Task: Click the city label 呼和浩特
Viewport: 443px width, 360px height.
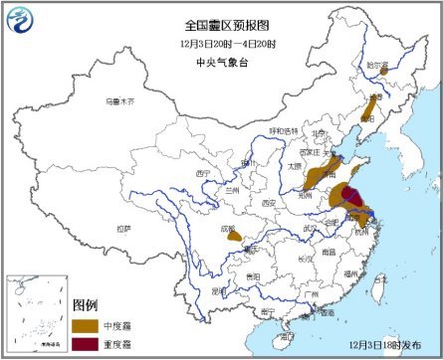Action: coord(282,131)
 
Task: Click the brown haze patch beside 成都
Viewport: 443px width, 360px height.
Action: coord(235,236)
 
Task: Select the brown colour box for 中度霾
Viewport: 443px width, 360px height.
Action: coord(84,326)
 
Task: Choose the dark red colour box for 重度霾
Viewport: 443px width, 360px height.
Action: coord(84,344)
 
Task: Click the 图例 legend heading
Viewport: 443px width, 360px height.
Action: coord(87,305)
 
